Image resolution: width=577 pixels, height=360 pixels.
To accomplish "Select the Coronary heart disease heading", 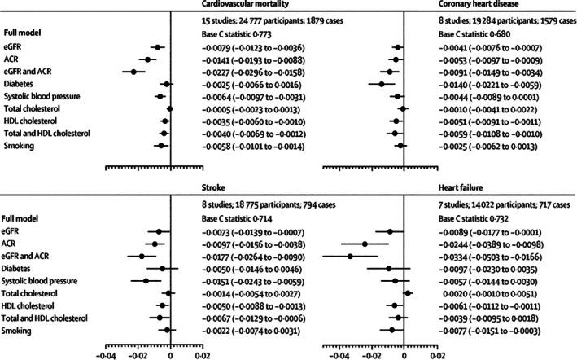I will coord(473,6).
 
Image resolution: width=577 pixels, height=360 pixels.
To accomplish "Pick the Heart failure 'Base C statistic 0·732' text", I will coord(471,220).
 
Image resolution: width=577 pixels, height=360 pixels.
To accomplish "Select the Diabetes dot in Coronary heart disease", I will coord(381,84).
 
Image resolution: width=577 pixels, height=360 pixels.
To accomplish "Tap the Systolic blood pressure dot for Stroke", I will coord(146,279).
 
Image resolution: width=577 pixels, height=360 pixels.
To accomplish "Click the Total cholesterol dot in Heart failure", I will coord(408,292).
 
